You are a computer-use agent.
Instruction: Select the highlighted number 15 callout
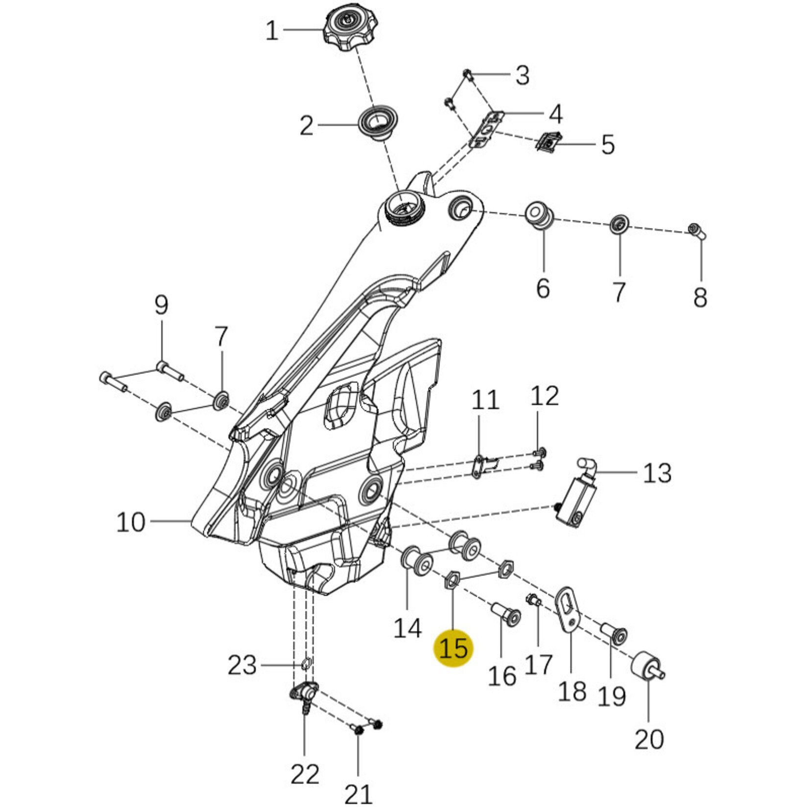point(453,647)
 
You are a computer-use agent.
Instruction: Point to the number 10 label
point(131,522)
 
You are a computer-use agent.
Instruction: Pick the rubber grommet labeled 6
point(540,215)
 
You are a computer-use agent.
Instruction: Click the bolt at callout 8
point(697,231)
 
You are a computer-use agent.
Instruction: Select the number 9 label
point(161,305)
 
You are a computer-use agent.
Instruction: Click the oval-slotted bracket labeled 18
point(568,609)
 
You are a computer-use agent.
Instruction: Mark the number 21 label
point(358,793)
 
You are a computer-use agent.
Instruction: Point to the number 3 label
point(523,76)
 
